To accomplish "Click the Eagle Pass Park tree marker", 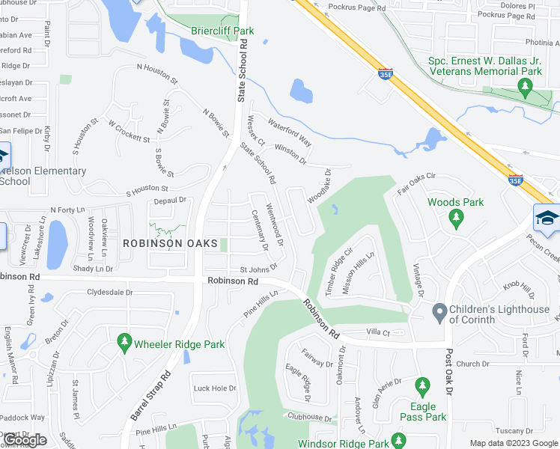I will coord(423,386).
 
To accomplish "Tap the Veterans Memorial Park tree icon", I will coord(525,88).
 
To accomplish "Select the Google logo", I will coord(24,440).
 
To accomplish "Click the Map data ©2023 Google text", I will coord(514,443).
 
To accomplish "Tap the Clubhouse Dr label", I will coord(307,418).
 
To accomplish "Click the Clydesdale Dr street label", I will coord(109,292).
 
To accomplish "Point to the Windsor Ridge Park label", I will coord(343,444).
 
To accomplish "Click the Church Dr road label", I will coord(472,364).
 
